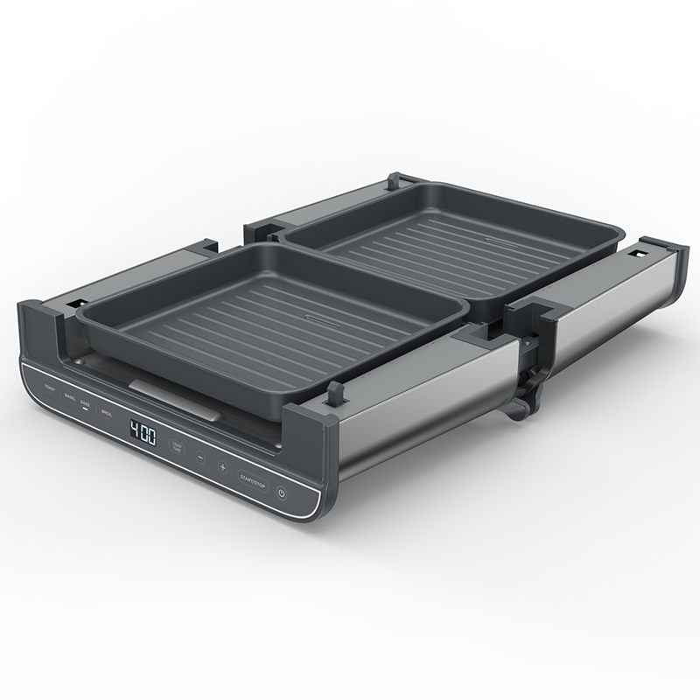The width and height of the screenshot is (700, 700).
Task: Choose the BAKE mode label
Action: click(85, 402)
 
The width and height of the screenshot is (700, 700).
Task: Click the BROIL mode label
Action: click(107, 412)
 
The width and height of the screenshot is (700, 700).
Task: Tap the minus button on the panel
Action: click(200, 458)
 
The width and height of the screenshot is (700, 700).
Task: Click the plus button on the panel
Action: click(222, 467)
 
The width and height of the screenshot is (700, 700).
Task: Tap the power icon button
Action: click(281, 493)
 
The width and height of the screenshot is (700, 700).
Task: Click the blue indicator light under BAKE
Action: click(85, 409)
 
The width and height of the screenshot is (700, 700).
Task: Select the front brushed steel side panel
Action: click(420, 411)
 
